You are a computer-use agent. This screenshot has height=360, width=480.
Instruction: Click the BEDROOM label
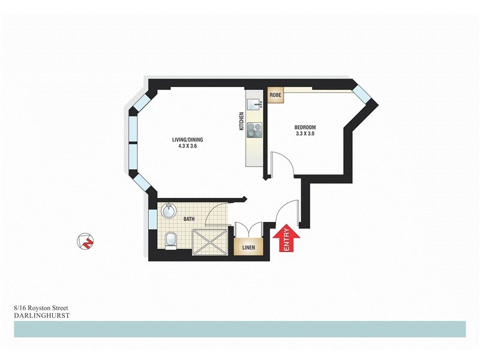(x=305, y=127)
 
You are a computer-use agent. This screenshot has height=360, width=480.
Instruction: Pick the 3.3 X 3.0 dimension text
(x=305, y=134)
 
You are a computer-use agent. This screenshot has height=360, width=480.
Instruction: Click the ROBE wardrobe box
(x=276, y=95)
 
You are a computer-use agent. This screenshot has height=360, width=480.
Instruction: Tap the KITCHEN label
(x=242, y=121)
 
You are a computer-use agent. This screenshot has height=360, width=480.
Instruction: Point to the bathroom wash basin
(x=169, y=211)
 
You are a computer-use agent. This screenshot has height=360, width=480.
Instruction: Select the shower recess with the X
(x=211, y=241)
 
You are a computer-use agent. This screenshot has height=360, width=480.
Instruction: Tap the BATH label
(x=188, y=220)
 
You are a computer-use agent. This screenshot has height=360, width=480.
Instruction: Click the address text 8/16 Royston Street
(x=41, y=307)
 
